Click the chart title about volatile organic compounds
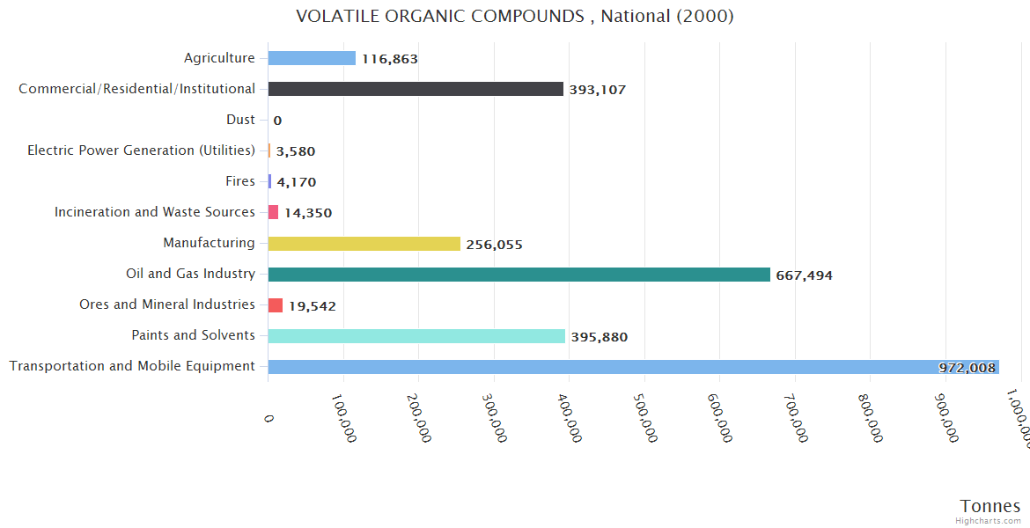[x=515, y=16]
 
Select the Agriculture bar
[x=312, y=58]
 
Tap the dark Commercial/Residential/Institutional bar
[x=416, y=89]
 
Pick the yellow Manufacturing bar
[x=364, y=244]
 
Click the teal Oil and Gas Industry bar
[x=519, y=275]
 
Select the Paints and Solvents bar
[x=416, y=336]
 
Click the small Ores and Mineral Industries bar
[x=276, y=305]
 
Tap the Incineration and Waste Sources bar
[x=273, y=212]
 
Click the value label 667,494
[x=804, y=275]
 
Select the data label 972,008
[x=967, y=368]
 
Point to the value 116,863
[x=389, y=59]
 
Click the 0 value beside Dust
[x=277, y=121]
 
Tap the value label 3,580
[x=295, y=151]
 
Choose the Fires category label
[x=240, y=181]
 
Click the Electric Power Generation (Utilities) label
[x=141, y=150]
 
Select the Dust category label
[x=240, y=120]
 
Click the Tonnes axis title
[x=990, y=506]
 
